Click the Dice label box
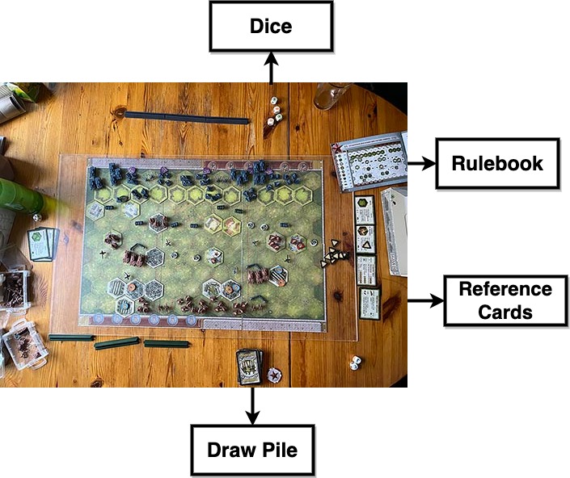click(x=271, y=27)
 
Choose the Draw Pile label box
click(x=252, y=450)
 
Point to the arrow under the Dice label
click(x=271, y=69)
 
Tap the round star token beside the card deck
click(x=275, y=375)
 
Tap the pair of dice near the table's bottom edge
click(x=355, y=363)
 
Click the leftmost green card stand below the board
click(x=71, y=337)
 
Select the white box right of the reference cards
click(x=395, y=230)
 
